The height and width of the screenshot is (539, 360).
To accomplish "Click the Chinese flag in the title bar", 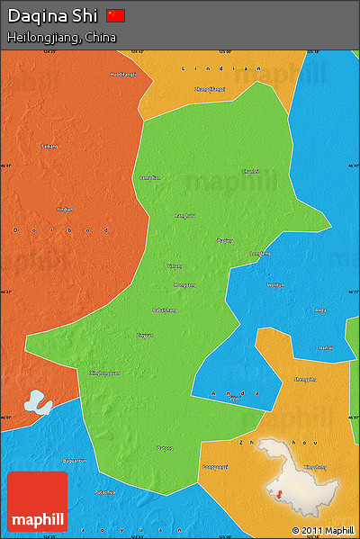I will click(x=116, y=15).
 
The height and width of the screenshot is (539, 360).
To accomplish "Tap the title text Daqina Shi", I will click(x=53, y=15).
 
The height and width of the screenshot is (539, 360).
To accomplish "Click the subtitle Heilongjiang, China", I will click(x=62, y=38).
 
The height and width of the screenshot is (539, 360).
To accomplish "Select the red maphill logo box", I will click(x=37, y=502).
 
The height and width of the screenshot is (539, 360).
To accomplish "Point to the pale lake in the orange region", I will click(x=37, y=401).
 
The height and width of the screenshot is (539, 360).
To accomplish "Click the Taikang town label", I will click(x=49, y=146).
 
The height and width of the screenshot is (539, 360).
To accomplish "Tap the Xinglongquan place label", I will click(x=104, y=373).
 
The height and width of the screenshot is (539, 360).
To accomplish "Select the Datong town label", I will click(x=165, y=447).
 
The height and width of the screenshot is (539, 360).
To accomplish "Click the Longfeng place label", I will click(x=259, y=254).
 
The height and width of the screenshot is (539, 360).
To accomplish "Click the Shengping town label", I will click(x=305, y=379).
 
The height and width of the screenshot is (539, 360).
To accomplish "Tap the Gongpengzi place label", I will click(x=215, y=467).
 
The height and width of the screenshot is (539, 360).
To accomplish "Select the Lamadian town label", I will click(x=149, y=177).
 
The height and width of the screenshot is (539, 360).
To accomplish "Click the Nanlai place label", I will click(x=326, y=346).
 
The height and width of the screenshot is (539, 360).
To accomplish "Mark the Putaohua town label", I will click(x=104, y=492).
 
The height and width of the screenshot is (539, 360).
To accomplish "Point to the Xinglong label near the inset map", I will click(x=315, y=467).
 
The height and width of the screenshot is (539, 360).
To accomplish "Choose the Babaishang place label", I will click(x=166, y=310).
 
